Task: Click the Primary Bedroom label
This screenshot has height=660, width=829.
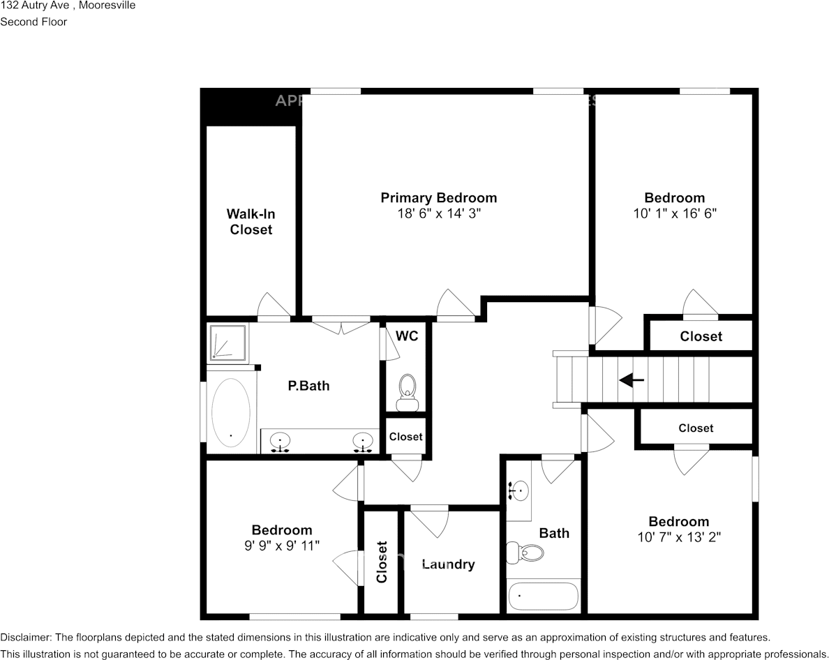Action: point(438,198)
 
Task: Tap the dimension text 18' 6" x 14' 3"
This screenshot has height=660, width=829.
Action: point(438,214)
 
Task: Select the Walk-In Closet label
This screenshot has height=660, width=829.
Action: point(251,222)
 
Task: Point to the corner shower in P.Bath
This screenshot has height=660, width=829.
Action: point(227,343)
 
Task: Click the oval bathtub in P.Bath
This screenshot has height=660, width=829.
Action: point(230,412)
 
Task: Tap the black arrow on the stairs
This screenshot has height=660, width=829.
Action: point(632,380)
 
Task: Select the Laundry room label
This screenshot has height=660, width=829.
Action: point(448,564)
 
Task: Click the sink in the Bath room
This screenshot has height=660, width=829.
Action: point(518,491)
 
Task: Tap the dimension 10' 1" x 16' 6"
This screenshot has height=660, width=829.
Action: point(674,214)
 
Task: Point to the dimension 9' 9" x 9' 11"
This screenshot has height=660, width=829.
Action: point(281,546)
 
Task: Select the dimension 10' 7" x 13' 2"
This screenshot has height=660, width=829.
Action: point(678,537)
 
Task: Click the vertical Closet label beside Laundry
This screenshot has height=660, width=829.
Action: point(382,562)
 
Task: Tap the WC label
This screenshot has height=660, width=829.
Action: point(407,336)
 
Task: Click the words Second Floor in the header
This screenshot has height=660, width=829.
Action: point(33,22)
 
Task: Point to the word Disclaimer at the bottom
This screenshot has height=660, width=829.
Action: point(25,638)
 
